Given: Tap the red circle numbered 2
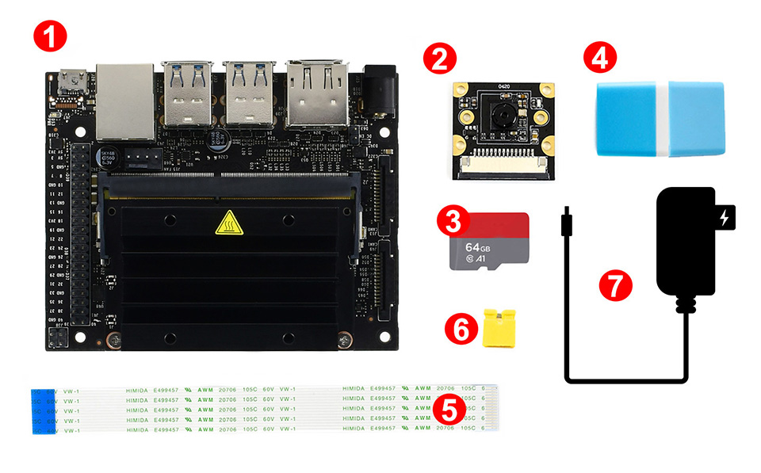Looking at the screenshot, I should pyautogui.click(x=440, y=60).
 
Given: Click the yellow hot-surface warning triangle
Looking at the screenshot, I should pyautogui.click(x=227, y=226).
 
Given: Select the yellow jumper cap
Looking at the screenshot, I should pyautogui.click(x=499, y=327).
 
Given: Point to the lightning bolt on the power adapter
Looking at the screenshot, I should pyautogui.click(x=724, y=217).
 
